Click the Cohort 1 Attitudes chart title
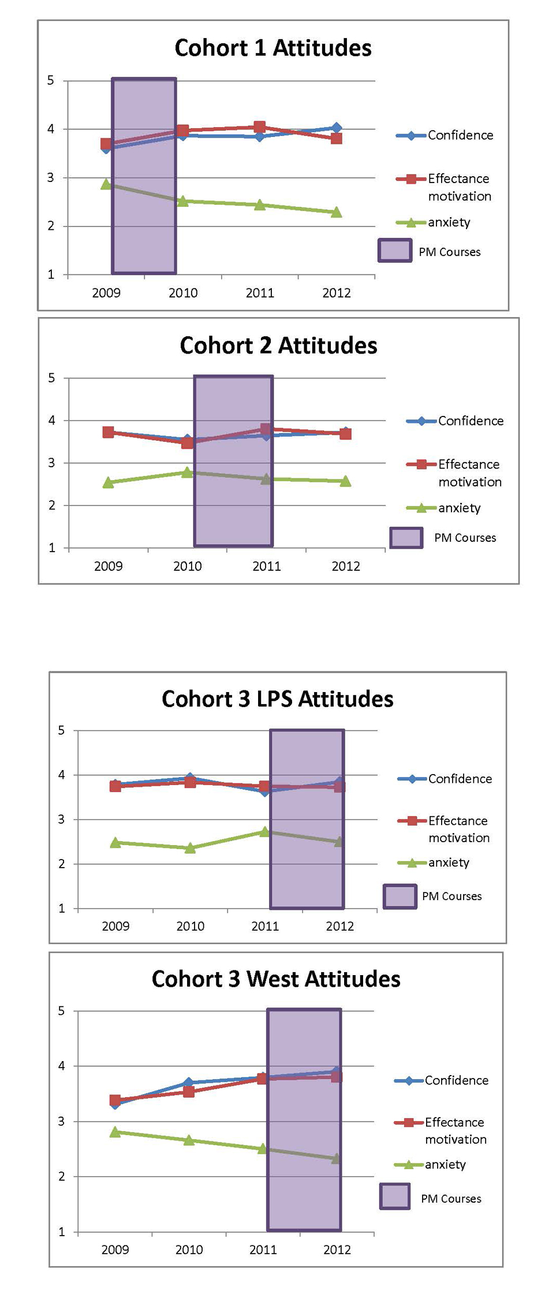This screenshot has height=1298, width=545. [273, 48]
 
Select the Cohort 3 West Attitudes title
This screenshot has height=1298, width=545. [276, 979]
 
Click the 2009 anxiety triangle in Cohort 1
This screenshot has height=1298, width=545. [106, 184]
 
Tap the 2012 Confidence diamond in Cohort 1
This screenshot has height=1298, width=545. [337, 128]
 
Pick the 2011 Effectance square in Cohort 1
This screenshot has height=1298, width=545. [260, 127]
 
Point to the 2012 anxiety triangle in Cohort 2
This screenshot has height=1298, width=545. [345, 481]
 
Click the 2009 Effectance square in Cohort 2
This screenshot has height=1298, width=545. [108, 432]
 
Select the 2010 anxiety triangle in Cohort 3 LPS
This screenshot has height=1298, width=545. [190, 848]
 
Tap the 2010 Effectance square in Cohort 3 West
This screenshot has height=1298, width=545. [189, 1092]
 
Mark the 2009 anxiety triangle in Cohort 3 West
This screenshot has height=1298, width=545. [115, 1132]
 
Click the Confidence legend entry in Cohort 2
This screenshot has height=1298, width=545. [456, 421]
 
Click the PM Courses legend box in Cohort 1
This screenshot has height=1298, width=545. [395, 251]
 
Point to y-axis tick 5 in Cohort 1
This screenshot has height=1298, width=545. [51, 80]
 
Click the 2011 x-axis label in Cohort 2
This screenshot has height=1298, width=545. [267, 566]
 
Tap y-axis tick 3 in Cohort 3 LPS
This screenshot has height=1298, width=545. [61, 819]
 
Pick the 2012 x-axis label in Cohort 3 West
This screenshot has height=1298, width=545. [337, 1249]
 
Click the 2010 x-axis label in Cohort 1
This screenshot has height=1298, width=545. [183, 293]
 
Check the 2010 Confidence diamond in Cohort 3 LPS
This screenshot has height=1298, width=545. [190, 778]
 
